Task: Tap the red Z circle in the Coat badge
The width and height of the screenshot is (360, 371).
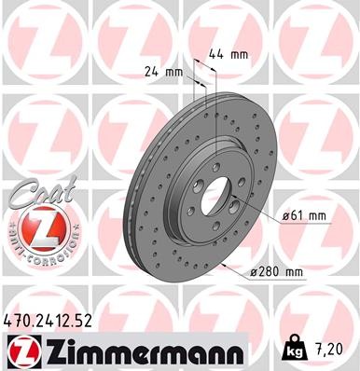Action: click(x=38, y=227)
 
